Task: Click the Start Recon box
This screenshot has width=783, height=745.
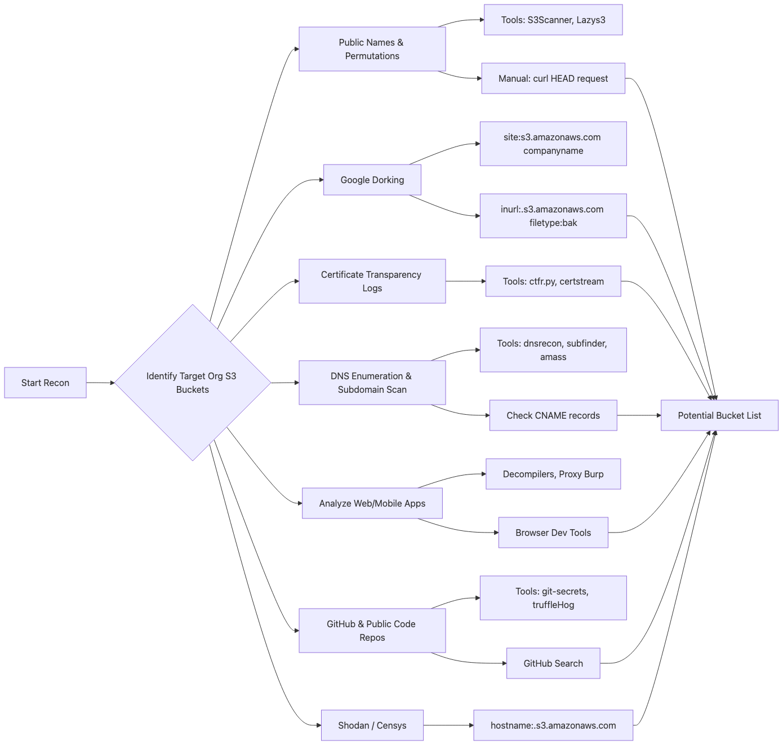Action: tap(45, 383)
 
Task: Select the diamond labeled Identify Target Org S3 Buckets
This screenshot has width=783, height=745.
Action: tap(193, 383)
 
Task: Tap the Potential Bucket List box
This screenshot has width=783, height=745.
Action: tap(719, 415)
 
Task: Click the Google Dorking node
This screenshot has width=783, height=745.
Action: tap(372, 180)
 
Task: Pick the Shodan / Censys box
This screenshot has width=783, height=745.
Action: tap(372, 725)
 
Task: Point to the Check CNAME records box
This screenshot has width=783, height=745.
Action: tap(553, 415)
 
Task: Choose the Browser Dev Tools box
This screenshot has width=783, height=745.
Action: tap(553, 533)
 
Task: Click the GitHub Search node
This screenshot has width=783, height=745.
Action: tap(553, 663)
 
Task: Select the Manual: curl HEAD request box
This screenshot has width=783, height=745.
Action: tap(553, 78)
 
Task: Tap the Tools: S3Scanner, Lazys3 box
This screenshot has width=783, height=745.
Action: tap(553, 20)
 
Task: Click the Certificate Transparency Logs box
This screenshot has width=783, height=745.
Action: tap(372, 281)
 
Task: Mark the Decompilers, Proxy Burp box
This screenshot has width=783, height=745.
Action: tap(553, 474)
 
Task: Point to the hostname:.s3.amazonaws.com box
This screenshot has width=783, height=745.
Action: tap(553, 725)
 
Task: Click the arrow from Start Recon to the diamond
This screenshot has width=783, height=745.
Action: tap(100, 383)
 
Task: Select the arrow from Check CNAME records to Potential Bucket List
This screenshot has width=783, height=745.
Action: tap(639, 415)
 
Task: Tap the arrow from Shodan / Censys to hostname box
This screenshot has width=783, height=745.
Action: tap(448, 725)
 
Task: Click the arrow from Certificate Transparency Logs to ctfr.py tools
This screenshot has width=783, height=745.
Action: tap(465, 281)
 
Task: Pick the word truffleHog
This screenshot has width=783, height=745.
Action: tap(553, 605)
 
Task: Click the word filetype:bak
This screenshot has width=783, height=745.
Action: tap(553, 223)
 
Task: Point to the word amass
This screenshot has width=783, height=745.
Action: tap(553, 357)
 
